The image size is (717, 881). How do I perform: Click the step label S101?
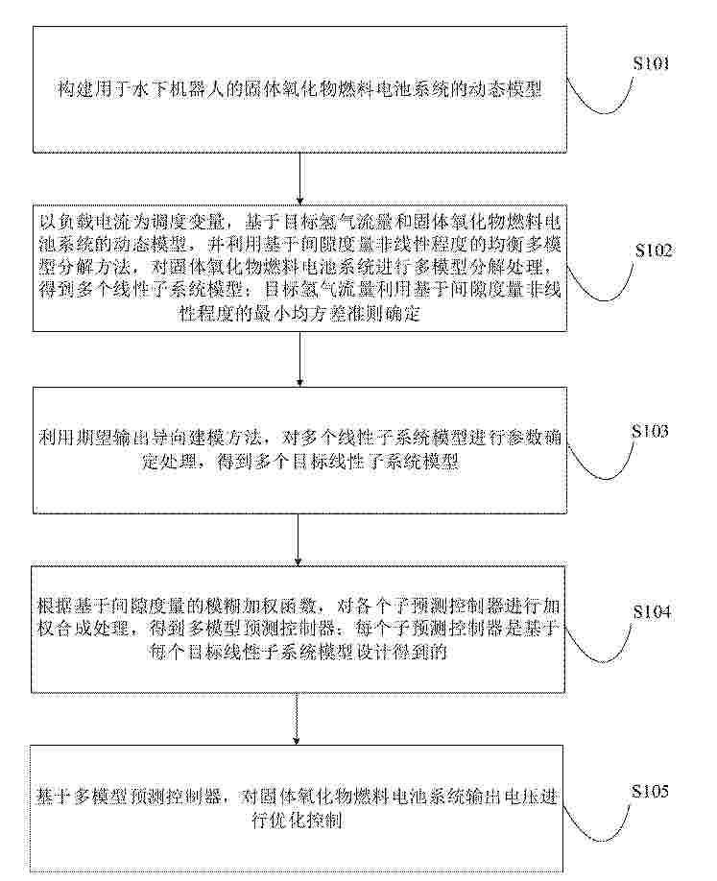(652, 63)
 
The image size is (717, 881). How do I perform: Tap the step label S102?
(654, 250)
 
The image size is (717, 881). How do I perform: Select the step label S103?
(650, 431)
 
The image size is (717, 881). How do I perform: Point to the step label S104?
(652, 611)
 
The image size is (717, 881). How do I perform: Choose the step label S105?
(650, 791)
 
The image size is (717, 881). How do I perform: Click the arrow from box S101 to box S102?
(300, 179)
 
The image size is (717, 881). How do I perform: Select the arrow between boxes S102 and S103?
(300, 359)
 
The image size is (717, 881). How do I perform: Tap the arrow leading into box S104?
(299, 539)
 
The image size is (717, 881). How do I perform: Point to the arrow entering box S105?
(298, 719)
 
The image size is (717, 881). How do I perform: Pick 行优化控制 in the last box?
(298, 821)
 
